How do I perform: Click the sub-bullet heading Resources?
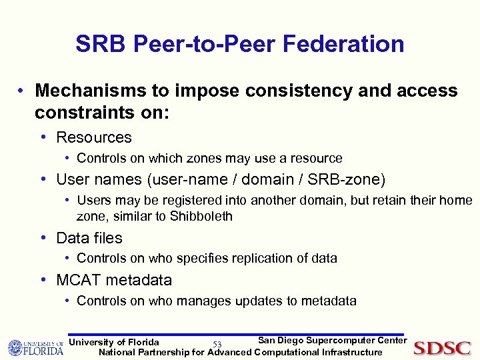tap(94, 137)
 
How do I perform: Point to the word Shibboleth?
tap(201, 216)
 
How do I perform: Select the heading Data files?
tap(89, 238)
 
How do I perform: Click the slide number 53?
tap(217, 344)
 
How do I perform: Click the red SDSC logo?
tap(442, 347)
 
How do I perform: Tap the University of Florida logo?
tap(35, 347)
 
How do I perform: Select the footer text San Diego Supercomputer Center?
tap(332, 341)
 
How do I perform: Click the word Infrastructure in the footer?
tap(352, 352)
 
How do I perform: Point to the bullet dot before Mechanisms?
tap(23, 91)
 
